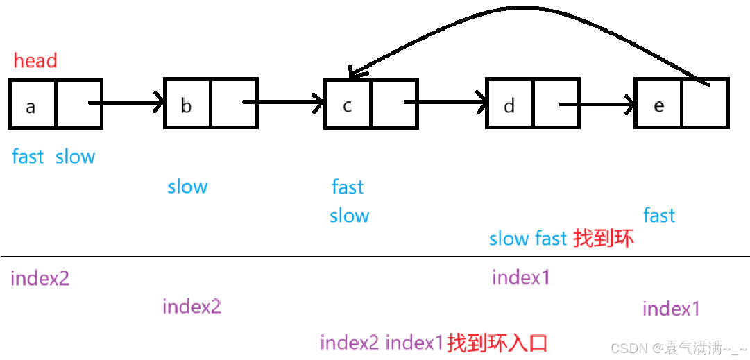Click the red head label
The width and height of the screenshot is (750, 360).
click(x=35, y=61)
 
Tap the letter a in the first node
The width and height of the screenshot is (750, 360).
click(x=31, y=107)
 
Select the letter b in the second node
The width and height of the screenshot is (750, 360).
click(x=186, y=105)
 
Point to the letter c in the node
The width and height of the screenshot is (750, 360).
click(x=347, y=105)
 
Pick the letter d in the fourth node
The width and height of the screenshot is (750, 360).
click(x=509, y=105)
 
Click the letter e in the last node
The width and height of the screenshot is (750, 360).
click(x=658, y=105)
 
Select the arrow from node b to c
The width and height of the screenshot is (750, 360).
click(x=284, y=104)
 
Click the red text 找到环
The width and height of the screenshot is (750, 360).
click(x=603, y=239)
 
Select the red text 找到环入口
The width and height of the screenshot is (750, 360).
click(x=497, y=342)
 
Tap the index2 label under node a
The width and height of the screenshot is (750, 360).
click(x=40, y=279)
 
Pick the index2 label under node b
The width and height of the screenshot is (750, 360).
click(x=191, y=307)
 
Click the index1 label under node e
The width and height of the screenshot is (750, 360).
click(x=671, y=309)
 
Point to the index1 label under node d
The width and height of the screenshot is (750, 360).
click(x=521, y=277)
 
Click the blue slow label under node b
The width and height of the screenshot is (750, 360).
click(x=187, y=187)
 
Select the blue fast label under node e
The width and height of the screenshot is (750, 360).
click(x=659, y=215)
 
